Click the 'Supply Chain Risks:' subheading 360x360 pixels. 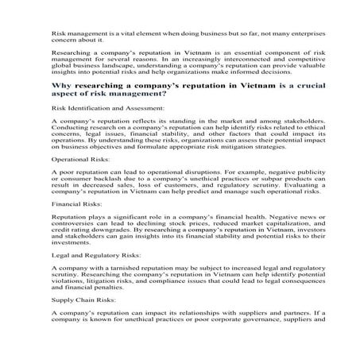pos(78,300)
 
